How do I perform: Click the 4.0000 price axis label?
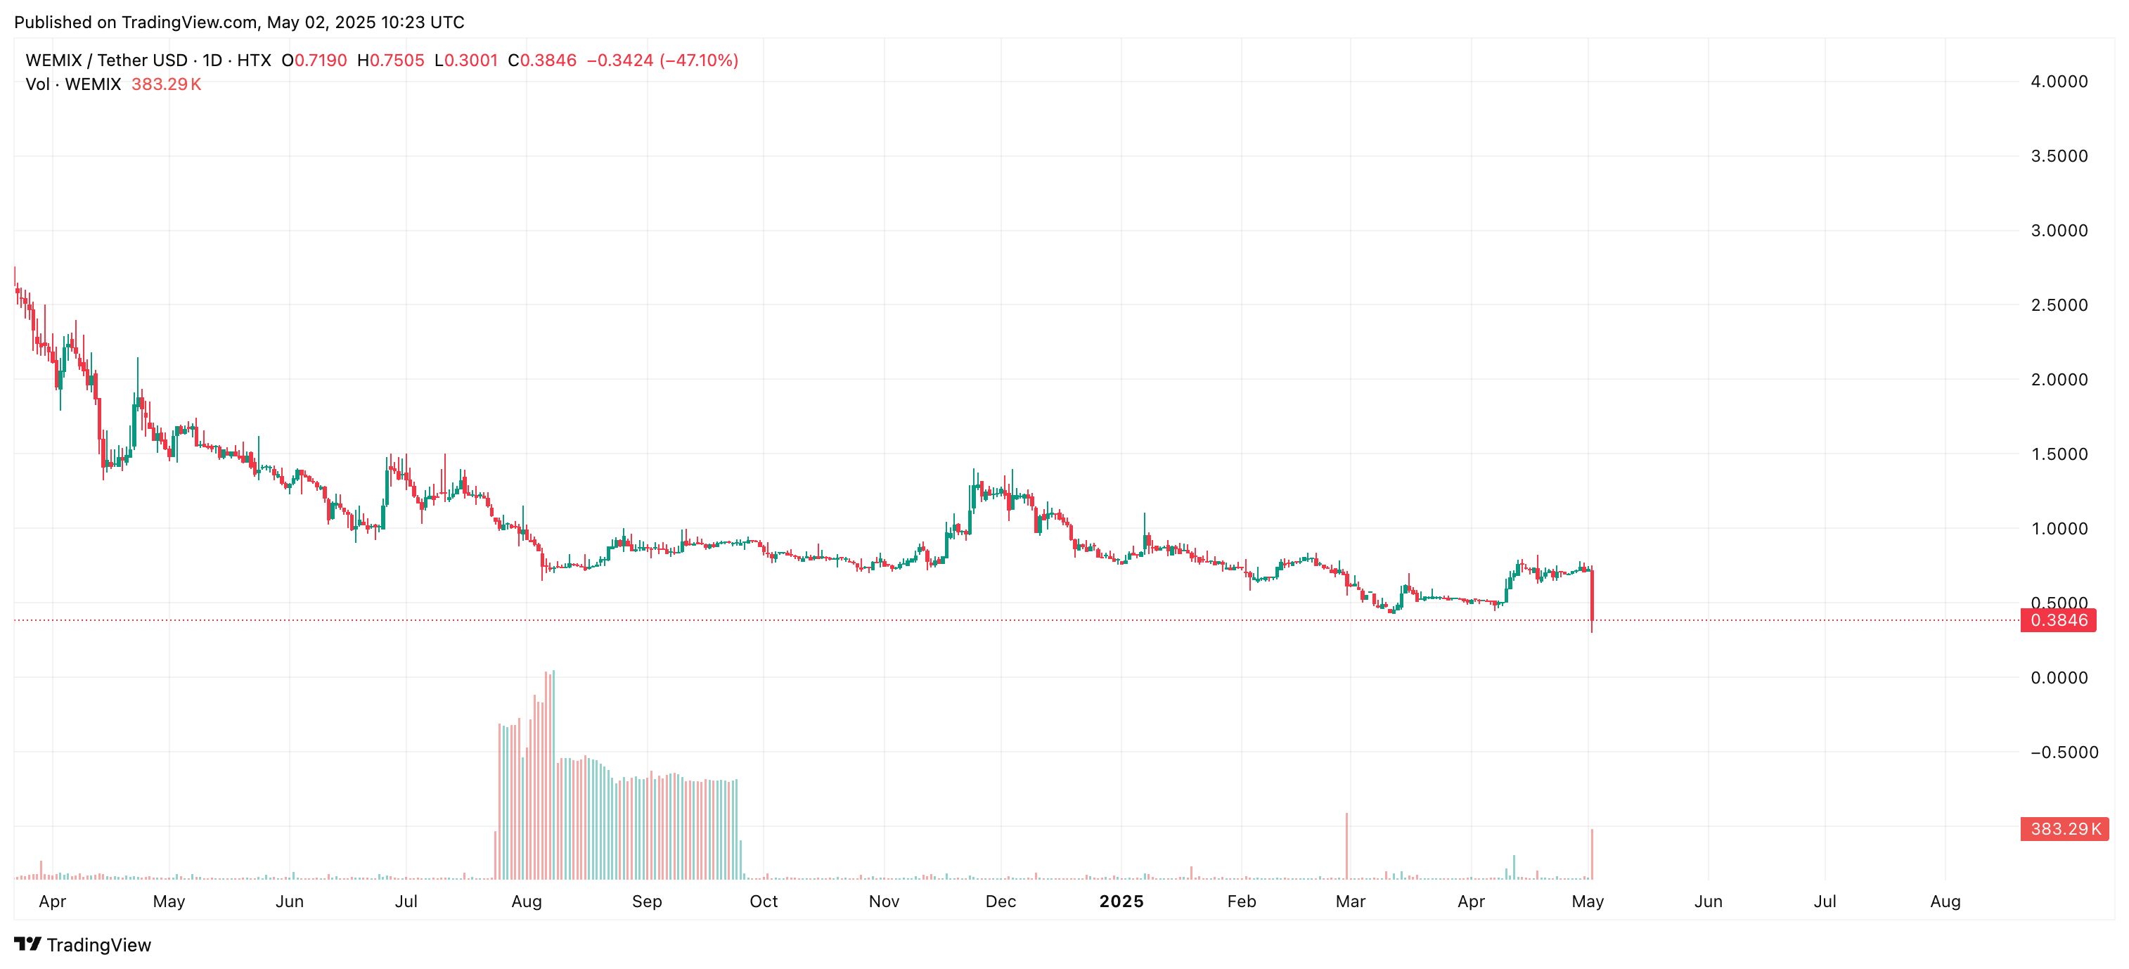pos(2059,81)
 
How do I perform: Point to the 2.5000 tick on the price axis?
pos(2059,305)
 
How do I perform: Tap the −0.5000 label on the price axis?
pos(2063,752)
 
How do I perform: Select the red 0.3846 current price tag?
pos(2058,620)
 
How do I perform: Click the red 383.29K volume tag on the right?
pos(2064,828)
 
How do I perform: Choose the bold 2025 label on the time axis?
pos(1121,901)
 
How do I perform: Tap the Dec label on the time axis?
pos(1000,901)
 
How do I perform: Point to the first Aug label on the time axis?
pos(527,901)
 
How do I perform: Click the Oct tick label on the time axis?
pos(763,901)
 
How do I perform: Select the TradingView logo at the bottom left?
pos(83,945)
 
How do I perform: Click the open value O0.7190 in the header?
pos(314,60)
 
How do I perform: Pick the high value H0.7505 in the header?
pos(390,60)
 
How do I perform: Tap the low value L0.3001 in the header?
pos(466,60)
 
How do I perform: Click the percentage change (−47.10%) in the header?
pos(699,60)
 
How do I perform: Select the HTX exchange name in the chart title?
pos(254,60)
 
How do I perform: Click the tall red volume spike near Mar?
pos(1346,846)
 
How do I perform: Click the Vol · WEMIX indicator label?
pos(72,84)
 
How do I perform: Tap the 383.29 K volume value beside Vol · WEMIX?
pos(166,84)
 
